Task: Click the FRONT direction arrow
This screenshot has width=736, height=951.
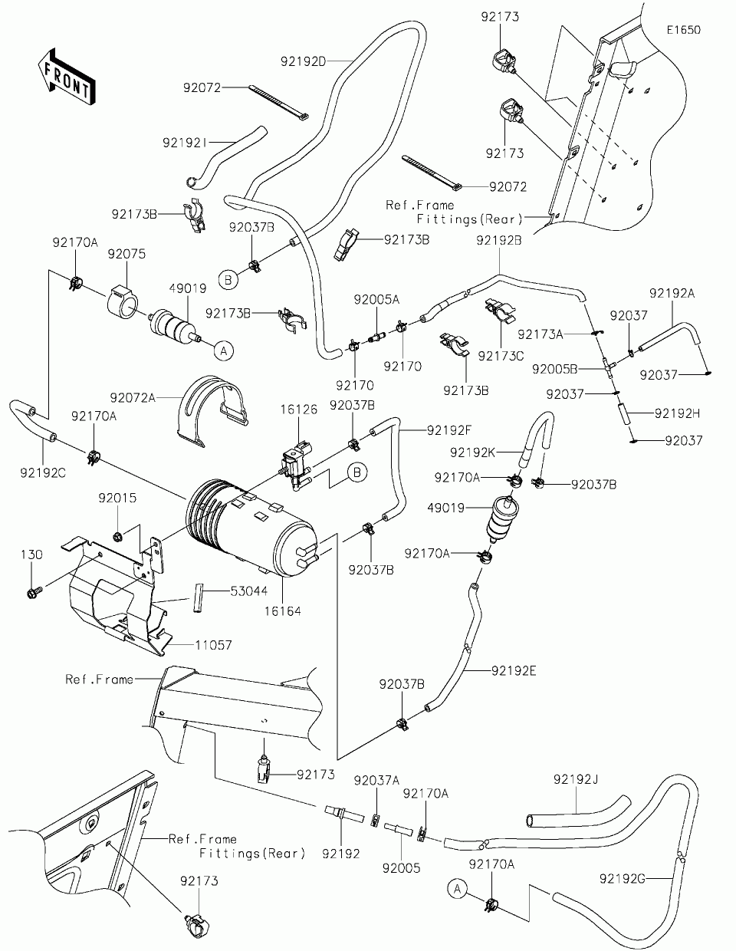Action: point(67,77)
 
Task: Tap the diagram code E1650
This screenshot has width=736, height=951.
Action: point(684,30)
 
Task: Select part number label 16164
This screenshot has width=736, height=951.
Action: point(282,611)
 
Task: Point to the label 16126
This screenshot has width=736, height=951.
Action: point(299,410)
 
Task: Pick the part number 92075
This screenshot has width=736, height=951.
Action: point(127,254)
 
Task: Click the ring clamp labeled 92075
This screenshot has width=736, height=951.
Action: point(123,303)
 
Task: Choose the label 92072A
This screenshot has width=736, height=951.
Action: point(133,398)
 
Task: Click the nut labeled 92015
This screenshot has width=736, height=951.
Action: point(117,535)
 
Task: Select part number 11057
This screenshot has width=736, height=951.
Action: point(213,645)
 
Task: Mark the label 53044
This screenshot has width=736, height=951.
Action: point(249,591)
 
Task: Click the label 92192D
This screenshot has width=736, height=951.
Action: point(303,61)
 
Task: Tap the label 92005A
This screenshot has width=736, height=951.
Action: point(376,299)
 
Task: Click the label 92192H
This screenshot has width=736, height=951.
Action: point(677,413)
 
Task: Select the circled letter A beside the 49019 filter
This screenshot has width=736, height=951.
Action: point(224,350)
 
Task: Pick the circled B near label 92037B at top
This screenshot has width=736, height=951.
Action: point(228,280)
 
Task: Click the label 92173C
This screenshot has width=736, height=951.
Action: point(501,356)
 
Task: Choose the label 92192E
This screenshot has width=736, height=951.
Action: point(514,671)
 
